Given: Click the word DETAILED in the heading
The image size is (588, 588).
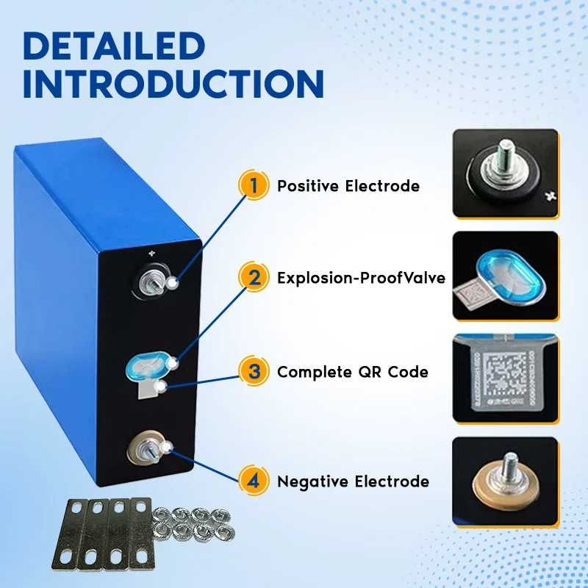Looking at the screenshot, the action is click(114, 46).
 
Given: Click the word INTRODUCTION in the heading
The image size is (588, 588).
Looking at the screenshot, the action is click(173, 85).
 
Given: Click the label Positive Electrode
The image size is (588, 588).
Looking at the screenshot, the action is click(348, 187).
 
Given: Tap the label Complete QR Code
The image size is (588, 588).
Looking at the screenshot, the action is click(352, 372).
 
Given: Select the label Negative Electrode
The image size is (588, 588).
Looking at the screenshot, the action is click(353, 482).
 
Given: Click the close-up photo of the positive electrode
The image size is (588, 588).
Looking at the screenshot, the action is click(505, 173).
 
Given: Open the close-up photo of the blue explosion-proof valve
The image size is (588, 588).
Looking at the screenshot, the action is click(505, 276).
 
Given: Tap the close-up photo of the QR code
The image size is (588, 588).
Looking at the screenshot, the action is click(505, 379).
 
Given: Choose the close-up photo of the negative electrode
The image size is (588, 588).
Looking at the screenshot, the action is click(505, 481).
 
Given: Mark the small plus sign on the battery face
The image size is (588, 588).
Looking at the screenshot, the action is click(153, 254).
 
